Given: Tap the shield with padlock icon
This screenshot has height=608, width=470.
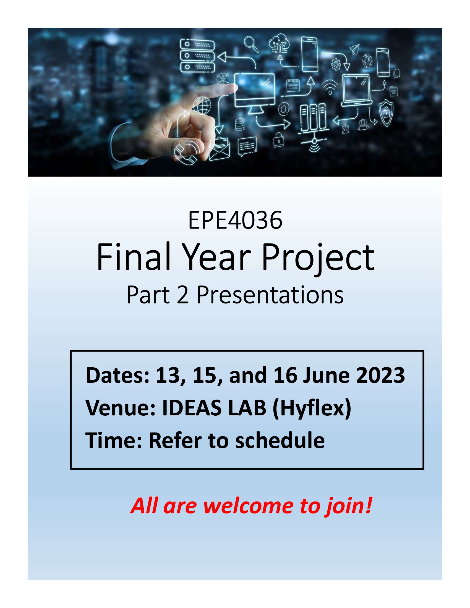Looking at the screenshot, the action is [386, 113].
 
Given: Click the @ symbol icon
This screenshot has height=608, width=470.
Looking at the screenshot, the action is [284, 109].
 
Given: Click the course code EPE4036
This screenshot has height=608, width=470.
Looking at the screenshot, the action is [235, 221].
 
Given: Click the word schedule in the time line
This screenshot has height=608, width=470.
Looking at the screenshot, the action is [280, 441].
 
